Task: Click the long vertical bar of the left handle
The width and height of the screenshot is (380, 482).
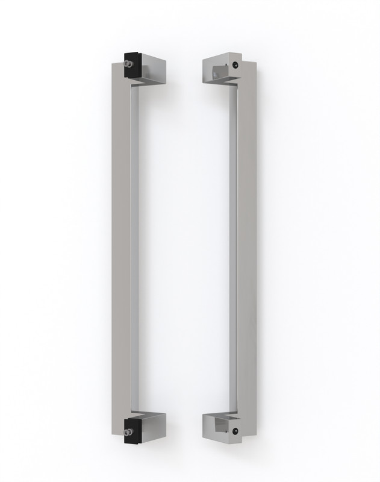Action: click(120, 241)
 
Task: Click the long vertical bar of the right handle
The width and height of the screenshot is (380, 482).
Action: click(246, 241)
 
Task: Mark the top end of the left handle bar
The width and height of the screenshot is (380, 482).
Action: click(120, 66)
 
